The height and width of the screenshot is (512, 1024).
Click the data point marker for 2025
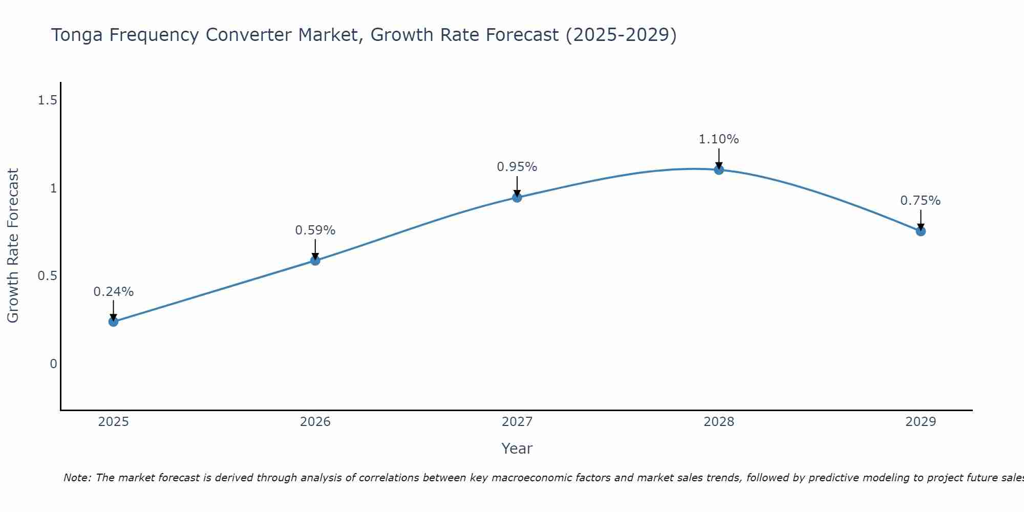tap(113, 322)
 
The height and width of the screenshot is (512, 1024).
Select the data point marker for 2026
tap(315, 261)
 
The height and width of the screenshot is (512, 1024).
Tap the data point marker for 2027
tap(517, 198)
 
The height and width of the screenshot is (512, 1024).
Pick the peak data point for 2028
tap(719, 169)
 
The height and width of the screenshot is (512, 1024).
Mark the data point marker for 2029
tap(921, 231)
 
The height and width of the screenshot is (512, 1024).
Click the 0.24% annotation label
tap(113, 292)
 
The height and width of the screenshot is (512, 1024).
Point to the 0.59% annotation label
tap(315, 230)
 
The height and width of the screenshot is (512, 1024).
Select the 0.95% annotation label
tap(517, 167)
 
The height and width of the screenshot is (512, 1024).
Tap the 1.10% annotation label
tap(719, 139)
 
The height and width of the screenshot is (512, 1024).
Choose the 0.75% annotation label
tap(921, 201)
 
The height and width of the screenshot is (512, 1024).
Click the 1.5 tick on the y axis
tap(47, 100)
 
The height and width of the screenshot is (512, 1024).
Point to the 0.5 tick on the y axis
tap(47, 276)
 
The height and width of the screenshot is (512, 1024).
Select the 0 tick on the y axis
tap(53, 364)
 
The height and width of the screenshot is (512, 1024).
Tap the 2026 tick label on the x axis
tap(315, 422)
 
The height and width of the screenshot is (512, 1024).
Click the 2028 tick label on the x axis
tap(719, 422)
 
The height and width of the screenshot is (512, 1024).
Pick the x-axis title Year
tap(517, 449)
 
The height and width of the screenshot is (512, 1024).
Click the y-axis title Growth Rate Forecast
tap(13, 246)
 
